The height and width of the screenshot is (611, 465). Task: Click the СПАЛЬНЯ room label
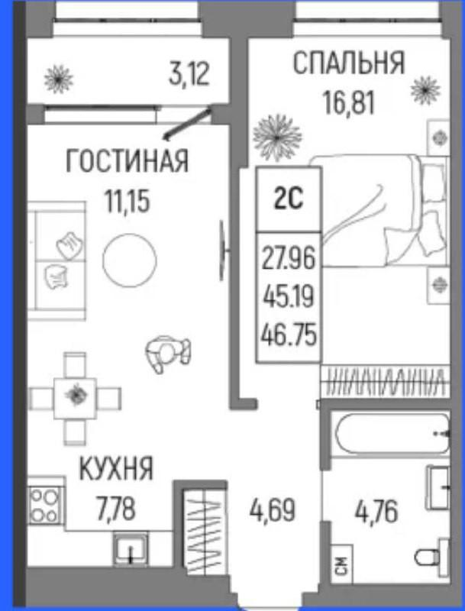(x=348, y=63)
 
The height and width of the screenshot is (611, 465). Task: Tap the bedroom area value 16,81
(x=348, y=102)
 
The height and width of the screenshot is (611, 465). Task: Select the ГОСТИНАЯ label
(x=127, y=160)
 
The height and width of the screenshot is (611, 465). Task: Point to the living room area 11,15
(x=127, y=202)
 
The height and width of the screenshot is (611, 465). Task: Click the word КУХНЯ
(x=116, y=469)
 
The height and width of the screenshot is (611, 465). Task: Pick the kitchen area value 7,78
(x=116, y=509)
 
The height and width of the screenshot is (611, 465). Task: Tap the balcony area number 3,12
(x=189, y=74)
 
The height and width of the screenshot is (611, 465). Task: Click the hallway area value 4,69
(x=273, y=510)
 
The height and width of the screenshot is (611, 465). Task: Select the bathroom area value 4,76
(x=376, y=512)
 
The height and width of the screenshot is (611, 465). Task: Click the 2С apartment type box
(x=289, y=199)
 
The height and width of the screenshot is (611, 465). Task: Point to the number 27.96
(x=288, y=258)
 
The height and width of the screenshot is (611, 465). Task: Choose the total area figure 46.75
(x=289, y=336)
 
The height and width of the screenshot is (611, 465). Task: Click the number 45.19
(x=289, y=297)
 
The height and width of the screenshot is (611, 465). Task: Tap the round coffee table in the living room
(x=130, y=260)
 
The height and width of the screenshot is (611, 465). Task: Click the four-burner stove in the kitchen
(x=45, y=506)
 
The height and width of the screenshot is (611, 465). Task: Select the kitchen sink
(x=131, y=549)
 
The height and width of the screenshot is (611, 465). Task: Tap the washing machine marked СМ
(x=341, y=564)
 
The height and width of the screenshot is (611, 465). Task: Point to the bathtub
(x=392, y=434)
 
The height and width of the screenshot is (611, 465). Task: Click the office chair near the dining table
(x=167, y=354)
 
